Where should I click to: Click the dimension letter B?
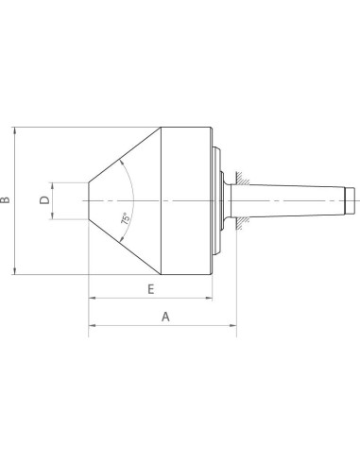pyautogui.click(x=5, y=200)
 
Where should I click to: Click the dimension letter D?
pyautogui.click(x=44, y=200)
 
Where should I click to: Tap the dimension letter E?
pyautogui.click(x=151, y=289)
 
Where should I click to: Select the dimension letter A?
pyautogui.click(x=165, y=317)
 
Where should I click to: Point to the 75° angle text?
pyautogui.click(x=126, y=218)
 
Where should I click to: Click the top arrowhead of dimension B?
pyautogui.click(x=14, y=130)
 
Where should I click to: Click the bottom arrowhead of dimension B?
pyautogui.click(x=14, y=270)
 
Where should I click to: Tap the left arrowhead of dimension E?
pyautogui.click(x=93, y=298)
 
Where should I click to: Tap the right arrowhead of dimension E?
pyautogui.click(x=209, y=298)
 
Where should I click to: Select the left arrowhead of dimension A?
pyautogui.click(x=93, y=325)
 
